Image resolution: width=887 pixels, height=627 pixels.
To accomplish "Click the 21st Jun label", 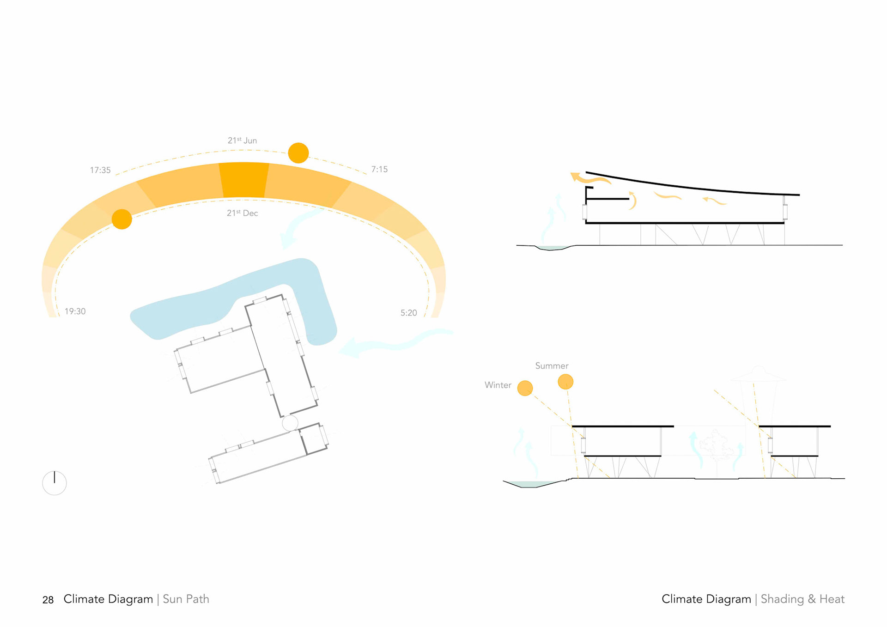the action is (242, 140).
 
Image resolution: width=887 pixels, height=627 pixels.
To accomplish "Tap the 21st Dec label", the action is (242, 213).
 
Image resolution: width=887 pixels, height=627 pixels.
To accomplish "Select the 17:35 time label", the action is (100, 170).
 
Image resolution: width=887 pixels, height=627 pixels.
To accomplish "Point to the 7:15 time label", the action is (379, 169).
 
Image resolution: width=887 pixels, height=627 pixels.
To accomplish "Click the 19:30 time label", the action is (75, 311).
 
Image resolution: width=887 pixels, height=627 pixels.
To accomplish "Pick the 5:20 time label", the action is (408, 313).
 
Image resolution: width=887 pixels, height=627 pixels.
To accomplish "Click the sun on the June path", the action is (298, 153).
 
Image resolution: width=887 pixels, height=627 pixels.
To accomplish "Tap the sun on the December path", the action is (122, 219).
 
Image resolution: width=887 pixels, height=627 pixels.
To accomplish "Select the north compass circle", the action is (55, 483).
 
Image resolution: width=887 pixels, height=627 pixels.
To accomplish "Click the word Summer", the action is (552, 366).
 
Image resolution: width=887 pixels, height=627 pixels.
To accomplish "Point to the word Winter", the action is (498, 385).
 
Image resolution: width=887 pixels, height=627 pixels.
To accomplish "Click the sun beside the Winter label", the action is (525, 388).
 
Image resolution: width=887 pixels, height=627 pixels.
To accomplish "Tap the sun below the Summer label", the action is (565, 382).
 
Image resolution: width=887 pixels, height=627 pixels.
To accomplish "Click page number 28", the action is (48, 600).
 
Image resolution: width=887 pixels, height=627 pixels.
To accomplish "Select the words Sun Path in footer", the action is (186, 599).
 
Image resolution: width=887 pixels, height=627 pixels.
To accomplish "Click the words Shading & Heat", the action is (802, 599).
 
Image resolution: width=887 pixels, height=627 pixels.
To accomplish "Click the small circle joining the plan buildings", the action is (290, 423).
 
